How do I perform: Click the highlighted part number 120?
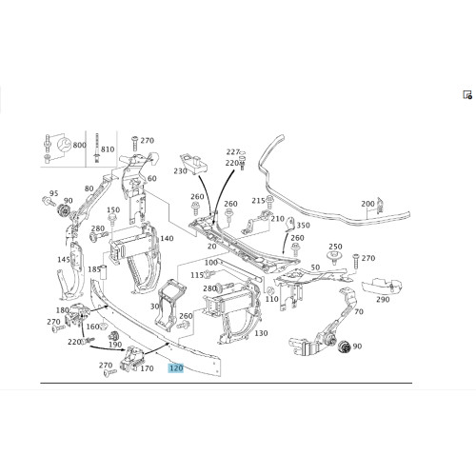pyautogui.click(x=176, y=368)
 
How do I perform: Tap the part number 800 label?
pyautogui.click(x=79, y=145)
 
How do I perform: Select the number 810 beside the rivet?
pyautogui.click(x=108, y=149)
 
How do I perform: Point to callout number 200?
pyautogui.click(x=367, y=204)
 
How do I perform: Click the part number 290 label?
pyautogui.click(x=383, y=299)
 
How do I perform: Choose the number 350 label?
pyautogui.click(x=303, y=226)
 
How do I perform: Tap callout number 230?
pyautogui.click(x=180, y=171)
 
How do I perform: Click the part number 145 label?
pyautogui.click(x=64, y=259)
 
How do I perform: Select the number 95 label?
pyautogui.click(x=54, y=193)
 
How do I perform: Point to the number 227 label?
pyautogui.click(x=232, y=152)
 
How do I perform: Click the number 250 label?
pyautogui.click(x=335, y=247)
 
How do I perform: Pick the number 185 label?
pyautogui.click(x=94, y=269)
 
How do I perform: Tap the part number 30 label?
pyautogui.click(x=155, y=307)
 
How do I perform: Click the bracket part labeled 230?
pyautogui.click(x=194, y=165)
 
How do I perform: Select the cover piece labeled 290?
pyautogui.click(x=382, y=286)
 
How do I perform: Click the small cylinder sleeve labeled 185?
pyautogui.click(x=103, y=271)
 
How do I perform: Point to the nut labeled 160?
pyautogui.click(x=103, y=327)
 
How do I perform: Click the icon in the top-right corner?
pyautogui.click(x=467, y=95)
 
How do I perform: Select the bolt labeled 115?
pyautogui.click(x=210, y=273)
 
